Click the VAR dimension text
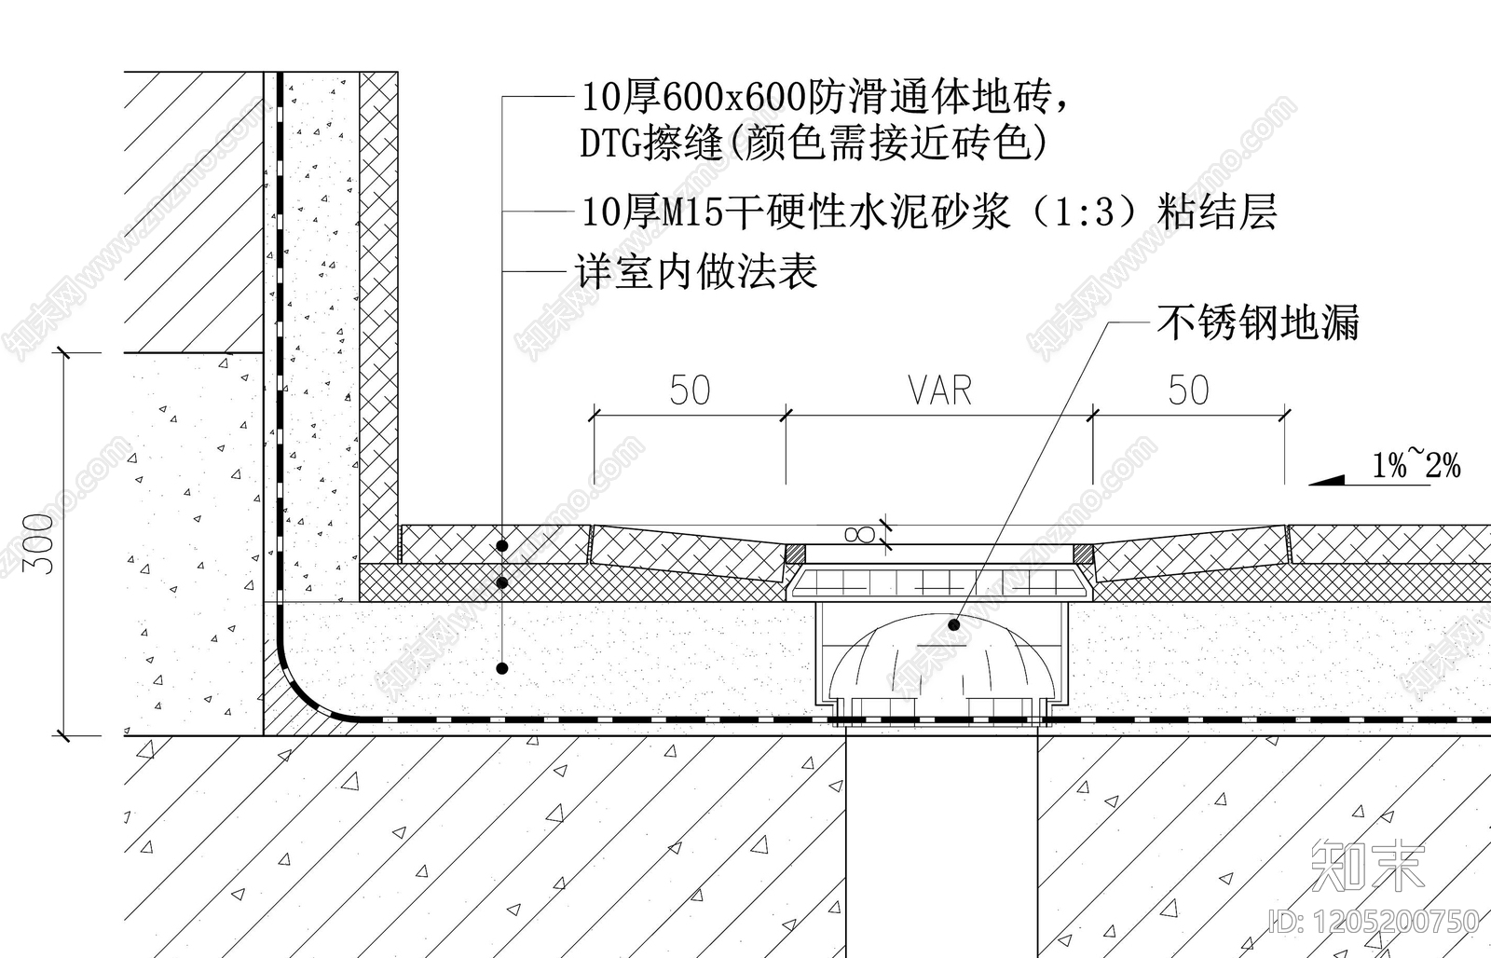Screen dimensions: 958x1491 coord(939,390)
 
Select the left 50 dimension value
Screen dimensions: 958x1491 coord(690,390)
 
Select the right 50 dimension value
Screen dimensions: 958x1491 coord(1188,390)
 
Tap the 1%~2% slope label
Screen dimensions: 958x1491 coord(1416,464)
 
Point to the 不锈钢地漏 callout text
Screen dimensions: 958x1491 coord(1258,322)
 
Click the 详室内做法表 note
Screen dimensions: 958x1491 coord(696,271)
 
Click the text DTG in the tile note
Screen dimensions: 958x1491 coord(611,144)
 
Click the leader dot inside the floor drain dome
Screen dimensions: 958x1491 coord(953,624)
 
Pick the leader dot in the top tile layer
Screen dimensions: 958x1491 coord(502,545)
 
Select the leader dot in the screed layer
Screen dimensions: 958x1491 coord(502,667)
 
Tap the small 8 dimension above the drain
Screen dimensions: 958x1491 coord(858,534)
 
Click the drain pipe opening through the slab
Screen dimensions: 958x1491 coord(941,839)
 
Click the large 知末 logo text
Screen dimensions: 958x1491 coord(1368,866)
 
